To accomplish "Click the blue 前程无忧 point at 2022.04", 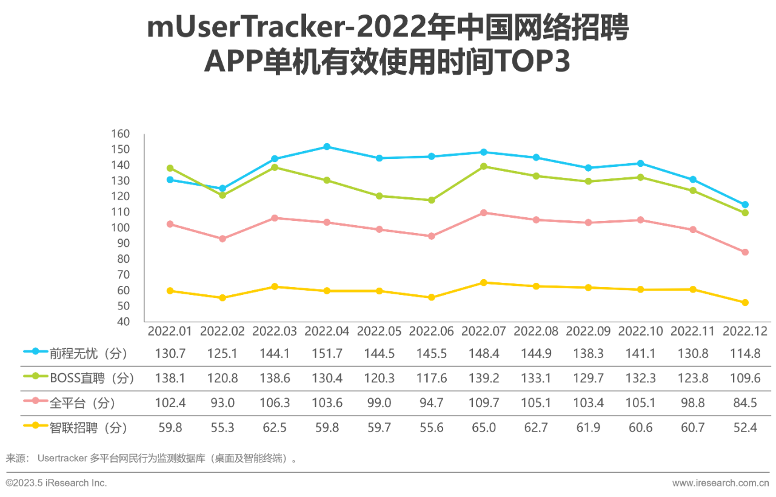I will [x=327, y=147].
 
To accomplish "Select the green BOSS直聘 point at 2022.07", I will [x=484, y=166].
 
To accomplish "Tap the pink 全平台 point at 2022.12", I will [x=745, y=252].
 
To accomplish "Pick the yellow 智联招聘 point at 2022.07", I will [x=484, y=283].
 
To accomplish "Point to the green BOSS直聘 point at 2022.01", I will [x=170, y=168].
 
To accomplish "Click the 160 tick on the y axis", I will [x=121, y=134].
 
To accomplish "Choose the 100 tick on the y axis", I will [x=121, y=228].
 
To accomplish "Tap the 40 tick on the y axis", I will [x=123, y=322].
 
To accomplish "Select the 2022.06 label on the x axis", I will [x=431, y=331].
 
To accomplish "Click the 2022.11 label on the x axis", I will [x=693, y=331].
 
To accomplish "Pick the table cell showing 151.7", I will [x=327, y=353].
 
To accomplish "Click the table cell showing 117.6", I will [x=431, y=378].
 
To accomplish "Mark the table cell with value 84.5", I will [x=745, y=403].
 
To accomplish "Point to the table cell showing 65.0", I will [x=484, y=428].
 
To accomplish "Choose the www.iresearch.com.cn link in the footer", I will [x=720, y=483].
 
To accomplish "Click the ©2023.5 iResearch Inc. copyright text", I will [x=56, y=483].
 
